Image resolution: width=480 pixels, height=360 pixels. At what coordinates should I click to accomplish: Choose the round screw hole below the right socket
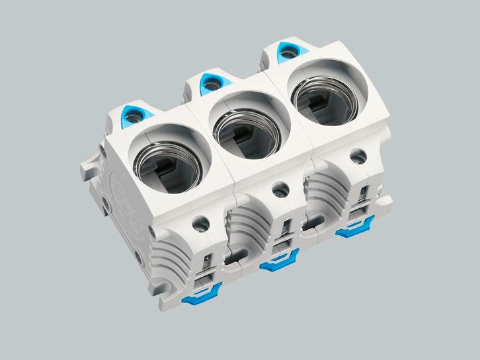[358, 157]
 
